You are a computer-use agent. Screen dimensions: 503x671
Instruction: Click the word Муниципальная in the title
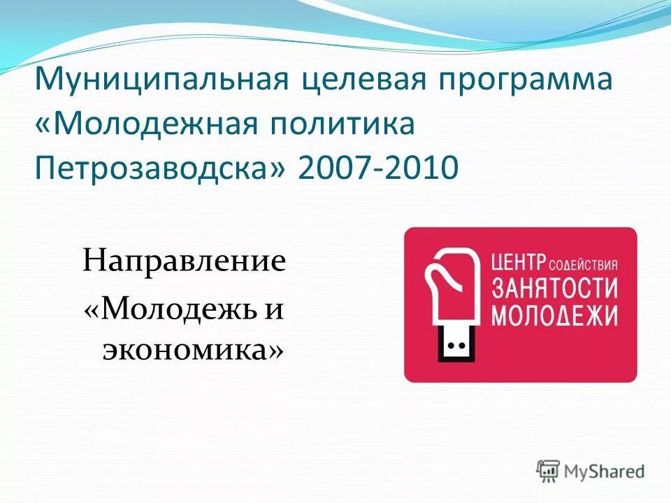161,81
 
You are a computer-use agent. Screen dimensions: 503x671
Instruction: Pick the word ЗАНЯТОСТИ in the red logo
556,289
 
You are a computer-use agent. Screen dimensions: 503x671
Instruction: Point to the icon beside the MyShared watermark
549,471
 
